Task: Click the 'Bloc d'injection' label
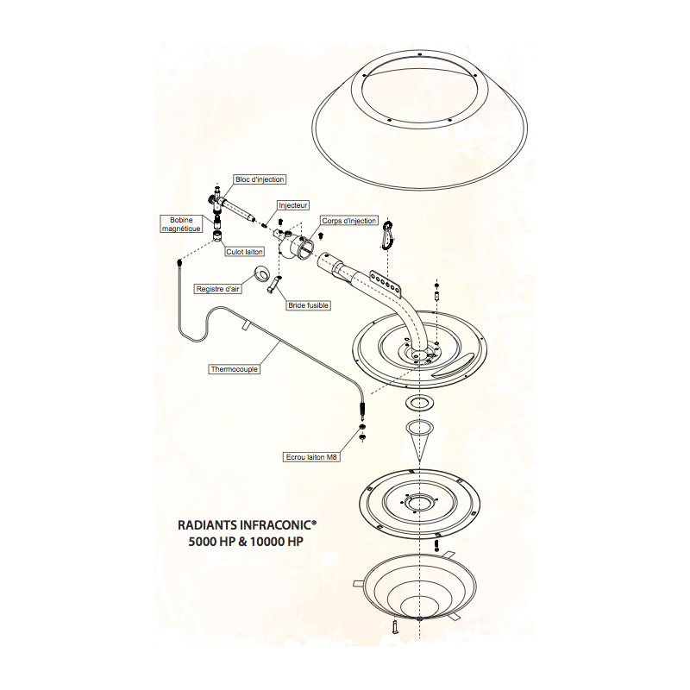point(260,179)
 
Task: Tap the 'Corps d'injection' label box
point(349,221)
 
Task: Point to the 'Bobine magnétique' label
point(181,224)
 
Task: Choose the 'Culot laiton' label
point(245,252)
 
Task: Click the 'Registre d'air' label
point(218,289)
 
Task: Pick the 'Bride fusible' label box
point(309,304)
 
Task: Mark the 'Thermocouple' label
point(235,369)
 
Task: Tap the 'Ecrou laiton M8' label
point(311,457)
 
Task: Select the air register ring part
point(259,276)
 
